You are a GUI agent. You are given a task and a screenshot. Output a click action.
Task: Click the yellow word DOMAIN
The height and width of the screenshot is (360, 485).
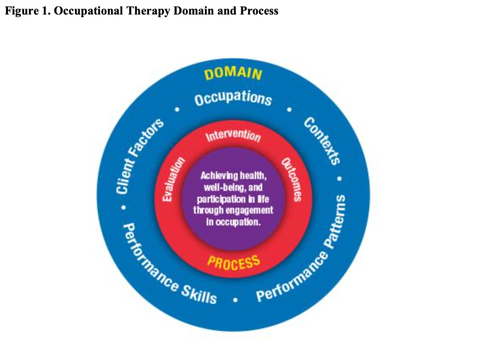click(x=233, y=74)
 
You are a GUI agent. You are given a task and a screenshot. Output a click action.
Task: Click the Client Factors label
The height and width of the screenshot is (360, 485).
click(x=140, y=157)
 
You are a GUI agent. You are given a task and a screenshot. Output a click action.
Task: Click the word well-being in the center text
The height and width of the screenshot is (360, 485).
click(x=219, y=187)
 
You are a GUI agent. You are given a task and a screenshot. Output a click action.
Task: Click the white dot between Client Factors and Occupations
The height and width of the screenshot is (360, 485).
click(x=176, y=110)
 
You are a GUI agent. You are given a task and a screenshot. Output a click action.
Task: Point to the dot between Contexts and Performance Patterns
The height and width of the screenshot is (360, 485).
click(x=339, y=178)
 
